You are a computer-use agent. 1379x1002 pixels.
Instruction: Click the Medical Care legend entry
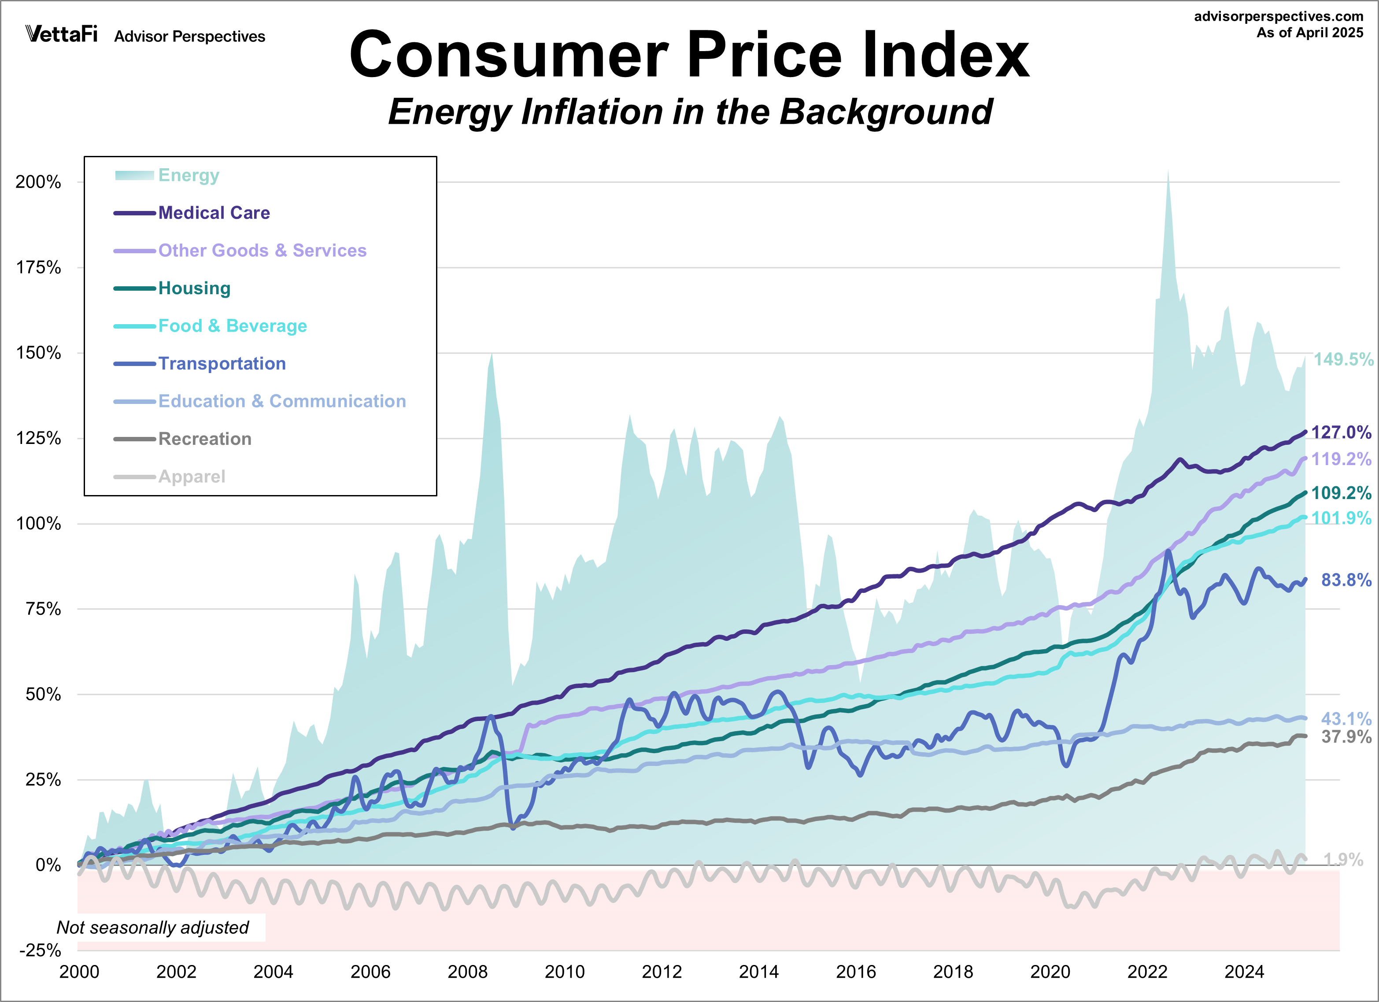coord(214,213)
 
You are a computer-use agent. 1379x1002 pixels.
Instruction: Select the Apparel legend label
coord(192,477)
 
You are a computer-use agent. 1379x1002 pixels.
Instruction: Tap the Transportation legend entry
coord(222,364)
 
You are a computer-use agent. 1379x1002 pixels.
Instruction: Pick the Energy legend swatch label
coord(189,175)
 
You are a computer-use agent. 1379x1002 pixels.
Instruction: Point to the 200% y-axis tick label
coord(38,182)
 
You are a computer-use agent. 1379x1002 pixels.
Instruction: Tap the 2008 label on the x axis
coord(467,972)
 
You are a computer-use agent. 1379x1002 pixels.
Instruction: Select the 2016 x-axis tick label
coord(855,972)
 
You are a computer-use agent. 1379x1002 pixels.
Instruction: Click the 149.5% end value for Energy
coord(1342,359)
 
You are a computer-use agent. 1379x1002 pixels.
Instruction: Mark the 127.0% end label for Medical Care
coord(1341,433)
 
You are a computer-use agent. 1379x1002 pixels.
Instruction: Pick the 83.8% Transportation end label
coord(1346,580)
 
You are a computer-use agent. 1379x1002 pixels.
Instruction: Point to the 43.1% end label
coord(1346,719)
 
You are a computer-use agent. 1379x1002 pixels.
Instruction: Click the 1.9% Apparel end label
coord(1343,860)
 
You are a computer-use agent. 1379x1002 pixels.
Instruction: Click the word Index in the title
coord(946,56)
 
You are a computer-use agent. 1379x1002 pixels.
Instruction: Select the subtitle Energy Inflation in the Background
coord(690,112)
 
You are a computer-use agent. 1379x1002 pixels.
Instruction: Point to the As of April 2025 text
coord(1310,33)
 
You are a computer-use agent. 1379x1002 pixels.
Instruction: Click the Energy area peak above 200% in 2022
coord(1168,176)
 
